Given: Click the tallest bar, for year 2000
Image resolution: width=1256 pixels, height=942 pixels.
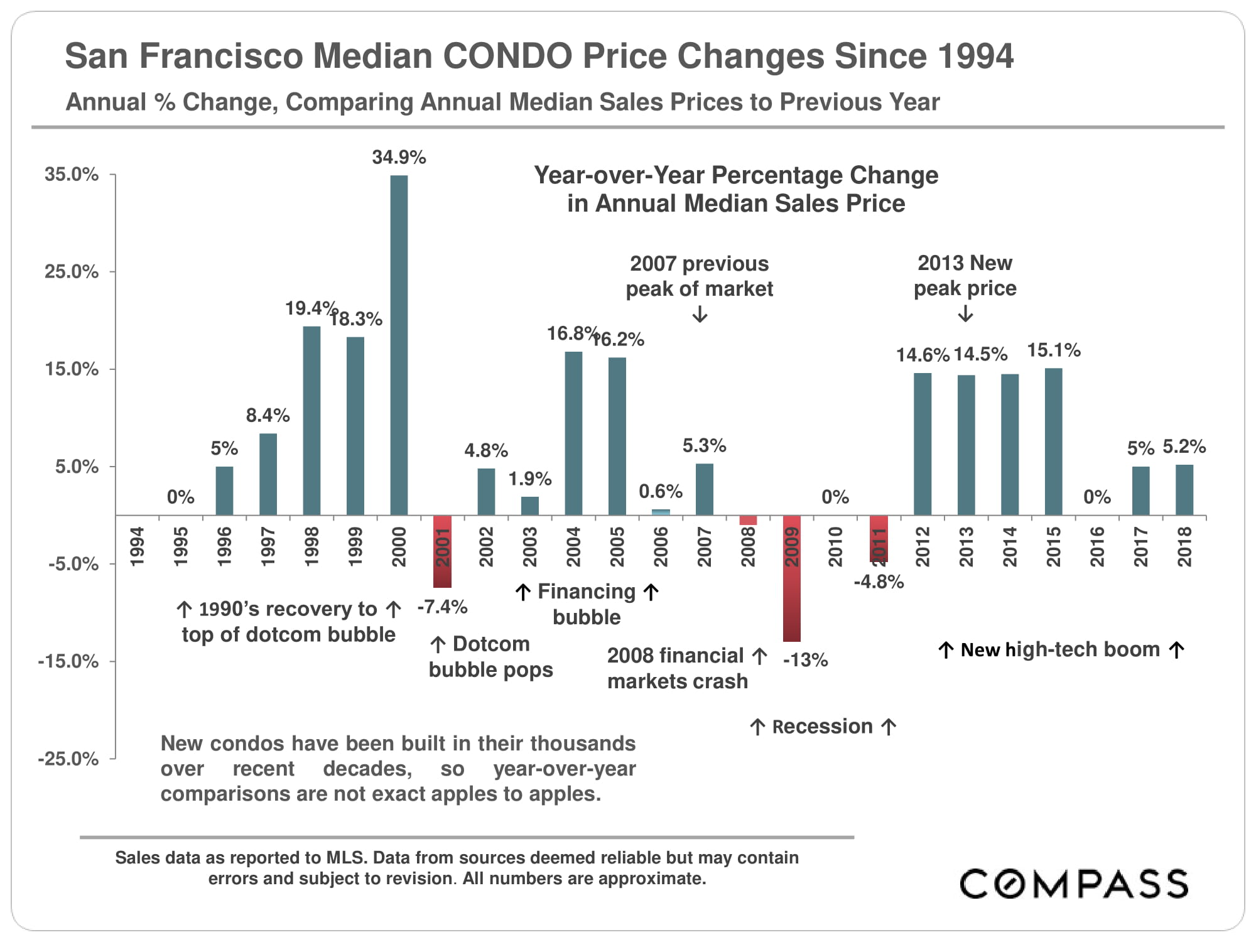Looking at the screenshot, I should pos(399,345).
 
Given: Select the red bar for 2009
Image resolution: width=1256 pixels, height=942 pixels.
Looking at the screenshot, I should pos(791,578).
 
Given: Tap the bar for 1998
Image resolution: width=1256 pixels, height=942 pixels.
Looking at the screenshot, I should pos(311,421).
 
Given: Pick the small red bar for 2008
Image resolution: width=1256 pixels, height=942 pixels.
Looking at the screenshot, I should pos(748,520).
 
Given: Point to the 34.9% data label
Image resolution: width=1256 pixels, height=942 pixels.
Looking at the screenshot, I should pos(399,157).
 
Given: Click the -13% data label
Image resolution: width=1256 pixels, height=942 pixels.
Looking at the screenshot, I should pos(805,660).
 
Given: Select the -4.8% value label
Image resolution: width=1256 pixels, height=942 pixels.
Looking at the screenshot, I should pos(879,582).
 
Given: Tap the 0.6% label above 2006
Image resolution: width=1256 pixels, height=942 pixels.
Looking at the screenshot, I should pos(661,491).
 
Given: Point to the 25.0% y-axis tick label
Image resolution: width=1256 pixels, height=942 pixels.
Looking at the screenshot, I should pos(72,272).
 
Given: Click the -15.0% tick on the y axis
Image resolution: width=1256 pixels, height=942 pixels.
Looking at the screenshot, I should pos(68,661).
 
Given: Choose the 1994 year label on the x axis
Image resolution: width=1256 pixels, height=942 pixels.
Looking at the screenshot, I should pos(137,546).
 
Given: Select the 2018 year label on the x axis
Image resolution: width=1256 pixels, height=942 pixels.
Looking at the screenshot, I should pos(1184,546).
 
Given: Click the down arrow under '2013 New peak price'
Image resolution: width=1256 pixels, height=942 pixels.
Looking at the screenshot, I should pos(966,313).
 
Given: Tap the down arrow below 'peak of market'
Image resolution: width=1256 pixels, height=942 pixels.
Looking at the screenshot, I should pos(700,314).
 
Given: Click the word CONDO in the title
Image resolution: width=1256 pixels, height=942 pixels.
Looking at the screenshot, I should pos(507,56).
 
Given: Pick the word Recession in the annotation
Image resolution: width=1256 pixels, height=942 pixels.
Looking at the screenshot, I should pos(822,727).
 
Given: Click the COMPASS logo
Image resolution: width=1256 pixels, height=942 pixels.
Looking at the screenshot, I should pos(1073,884).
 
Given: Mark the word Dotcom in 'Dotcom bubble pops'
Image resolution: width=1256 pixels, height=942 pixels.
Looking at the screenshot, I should pos(491,644).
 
